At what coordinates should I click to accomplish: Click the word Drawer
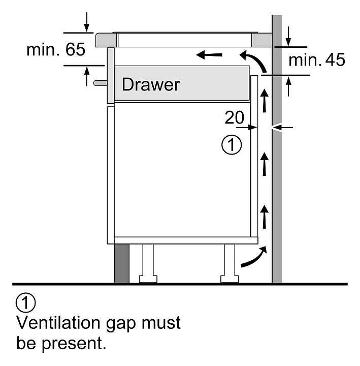pos(151,84)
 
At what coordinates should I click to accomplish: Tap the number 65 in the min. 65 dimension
pos(75,49)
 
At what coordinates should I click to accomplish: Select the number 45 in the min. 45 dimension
pos(335,60)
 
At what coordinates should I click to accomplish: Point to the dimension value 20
pos(234,117)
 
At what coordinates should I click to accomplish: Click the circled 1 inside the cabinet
pos(232,144)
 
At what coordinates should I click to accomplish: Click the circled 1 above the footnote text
pos(26,302)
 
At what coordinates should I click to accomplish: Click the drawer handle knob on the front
pos(100,83)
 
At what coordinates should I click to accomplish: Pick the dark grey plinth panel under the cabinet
pos(121,263)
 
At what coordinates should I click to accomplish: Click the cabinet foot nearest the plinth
pos(148,263)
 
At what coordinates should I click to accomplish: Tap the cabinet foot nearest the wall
pos(230,263)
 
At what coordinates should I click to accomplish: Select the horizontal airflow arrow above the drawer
pos(209,55)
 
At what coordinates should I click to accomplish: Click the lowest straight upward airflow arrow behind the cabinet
pos(264,217)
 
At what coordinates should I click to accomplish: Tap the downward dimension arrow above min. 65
pos(87,22)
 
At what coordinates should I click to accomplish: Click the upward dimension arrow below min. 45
pos(288,86)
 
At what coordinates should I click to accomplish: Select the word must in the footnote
pos(161,323)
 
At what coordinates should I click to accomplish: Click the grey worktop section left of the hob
pos(106,40)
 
